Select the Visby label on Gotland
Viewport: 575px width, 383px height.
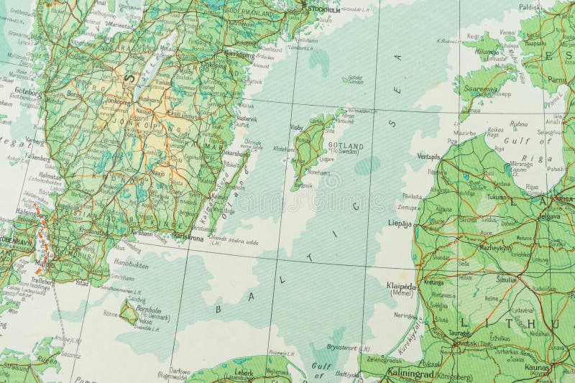(x=296, y=127)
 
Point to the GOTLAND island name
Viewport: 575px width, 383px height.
(x=346, y=147)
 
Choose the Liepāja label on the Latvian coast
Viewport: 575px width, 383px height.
(x=400, y=223)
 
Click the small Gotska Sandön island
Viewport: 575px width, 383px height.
(x=353, y=80)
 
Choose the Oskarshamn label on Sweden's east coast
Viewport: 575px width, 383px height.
(x=236, y=152)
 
